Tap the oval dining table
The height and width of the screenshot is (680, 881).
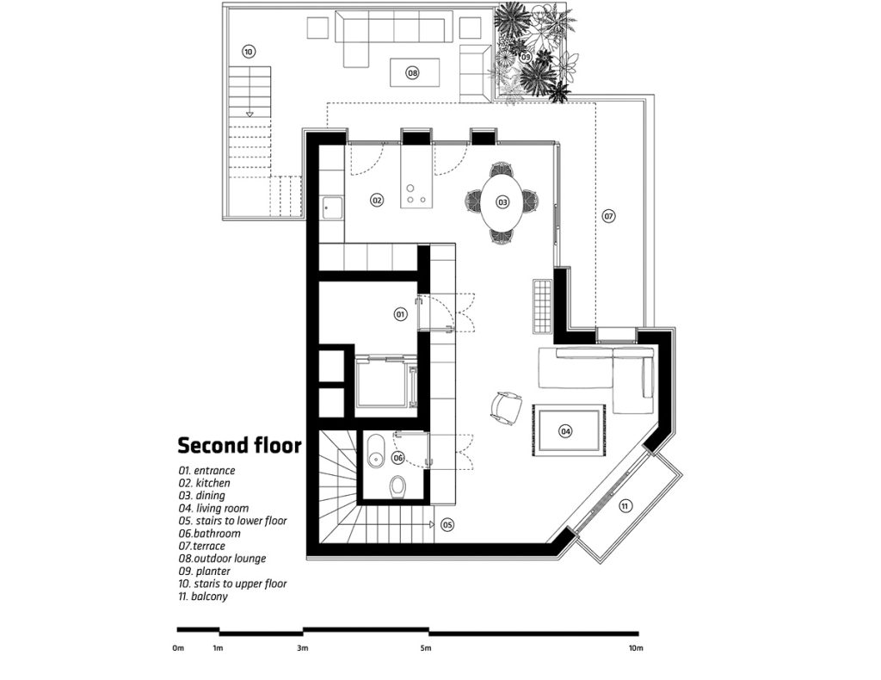[502, 201]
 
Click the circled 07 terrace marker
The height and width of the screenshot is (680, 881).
[608, 215]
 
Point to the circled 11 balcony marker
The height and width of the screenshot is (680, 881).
[625, 506]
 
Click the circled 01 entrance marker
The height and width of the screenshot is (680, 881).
[400, 314]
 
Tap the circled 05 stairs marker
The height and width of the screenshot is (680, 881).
[447, 525]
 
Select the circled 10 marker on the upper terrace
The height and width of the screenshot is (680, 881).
[249, 52]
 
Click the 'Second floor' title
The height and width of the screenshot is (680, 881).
[240, 445]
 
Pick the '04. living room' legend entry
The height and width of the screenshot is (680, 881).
[213, 509]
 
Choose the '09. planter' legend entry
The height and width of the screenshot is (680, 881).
[205, 571]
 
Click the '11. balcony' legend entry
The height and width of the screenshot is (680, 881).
[203, 597]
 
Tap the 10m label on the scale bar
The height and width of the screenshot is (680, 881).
[636, 648]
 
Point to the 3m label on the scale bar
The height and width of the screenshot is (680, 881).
[302, 648]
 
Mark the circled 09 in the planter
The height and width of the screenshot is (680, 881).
[526, 57]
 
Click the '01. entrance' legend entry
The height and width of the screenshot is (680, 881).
[206, 471]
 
